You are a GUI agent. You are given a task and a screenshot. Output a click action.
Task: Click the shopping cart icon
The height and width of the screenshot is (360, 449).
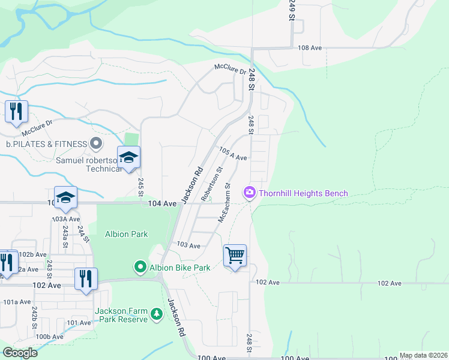click(235, 256)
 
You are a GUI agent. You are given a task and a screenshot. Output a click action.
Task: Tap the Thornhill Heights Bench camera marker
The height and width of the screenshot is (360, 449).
click(249, 193)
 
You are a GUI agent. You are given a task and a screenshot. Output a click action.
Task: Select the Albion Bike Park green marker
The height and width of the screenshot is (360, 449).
click(140, 267)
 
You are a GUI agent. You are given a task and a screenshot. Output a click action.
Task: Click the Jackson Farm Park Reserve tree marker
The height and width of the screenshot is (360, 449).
click(157, 314)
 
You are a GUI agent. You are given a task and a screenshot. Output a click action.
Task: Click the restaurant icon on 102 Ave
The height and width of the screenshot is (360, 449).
click(85, 278)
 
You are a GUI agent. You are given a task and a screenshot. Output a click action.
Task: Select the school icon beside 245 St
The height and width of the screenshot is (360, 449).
click(128, 157)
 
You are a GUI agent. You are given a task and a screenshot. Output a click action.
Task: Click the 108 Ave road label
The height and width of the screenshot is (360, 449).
click(310, 47)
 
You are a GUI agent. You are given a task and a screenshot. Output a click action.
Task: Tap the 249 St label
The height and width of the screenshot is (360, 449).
click(292, 10)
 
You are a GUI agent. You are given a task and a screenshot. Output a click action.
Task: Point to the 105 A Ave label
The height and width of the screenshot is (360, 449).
click(233, 154)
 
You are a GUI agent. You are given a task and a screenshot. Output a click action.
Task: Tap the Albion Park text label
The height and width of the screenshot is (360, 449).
click(126, 233)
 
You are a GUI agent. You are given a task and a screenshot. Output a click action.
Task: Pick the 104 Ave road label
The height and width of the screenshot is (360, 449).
click(162, 204)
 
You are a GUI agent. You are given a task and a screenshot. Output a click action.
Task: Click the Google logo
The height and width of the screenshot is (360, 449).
click(20, 353)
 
